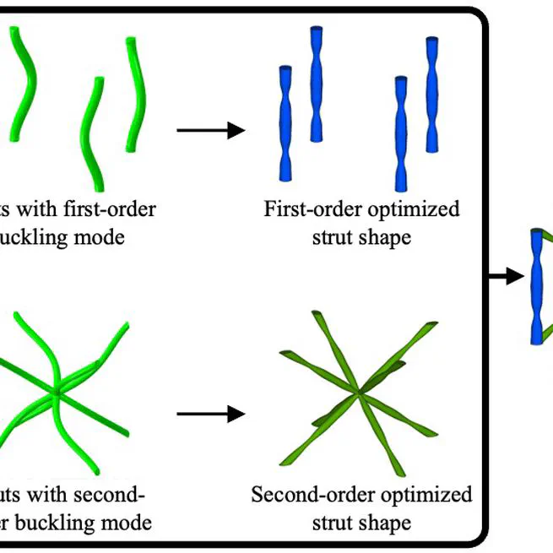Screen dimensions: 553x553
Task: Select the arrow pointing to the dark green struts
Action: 210,414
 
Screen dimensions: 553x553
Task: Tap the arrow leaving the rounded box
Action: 507,275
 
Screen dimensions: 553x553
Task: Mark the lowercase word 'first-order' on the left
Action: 111,209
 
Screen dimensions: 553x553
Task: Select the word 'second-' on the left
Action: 112,493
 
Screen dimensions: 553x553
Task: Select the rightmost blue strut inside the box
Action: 432,95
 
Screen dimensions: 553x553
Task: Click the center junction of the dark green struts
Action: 361,390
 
